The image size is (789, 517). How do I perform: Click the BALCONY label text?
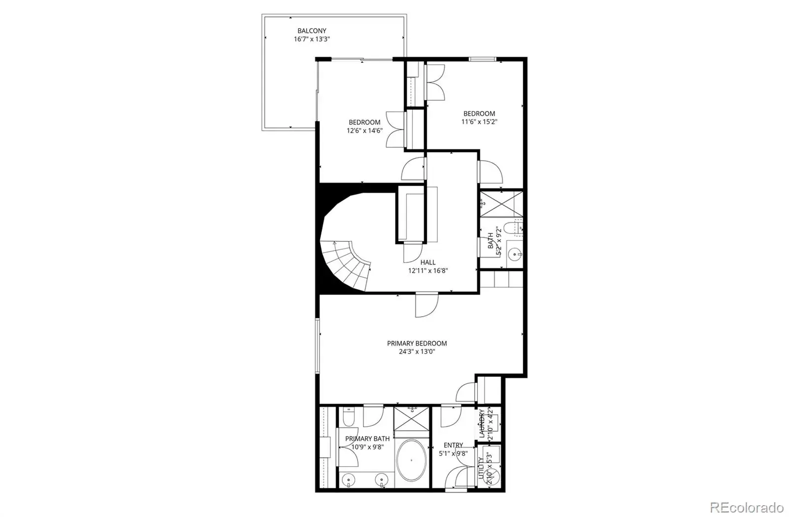point(312,31)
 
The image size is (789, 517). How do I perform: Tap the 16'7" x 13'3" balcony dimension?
point(312,39)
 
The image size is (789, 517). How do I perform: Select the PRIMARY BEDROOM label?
point(417,343)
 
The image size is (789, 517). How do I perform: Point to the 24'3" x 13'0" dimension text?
point(417,352)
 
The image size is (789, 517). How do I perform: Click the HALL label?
point(428,262)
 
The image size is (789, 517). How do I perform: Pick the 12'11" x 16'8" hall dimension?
point(428,271)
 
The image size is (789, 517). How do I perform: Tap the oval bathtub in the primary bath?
point(411,460)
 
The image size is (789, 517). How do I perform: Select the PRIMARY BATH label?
point(367,439)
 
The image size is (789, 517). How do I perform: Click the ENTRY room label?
point(453,445)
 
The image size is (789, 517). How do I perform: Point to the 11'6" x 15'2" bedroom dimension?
point(479,122)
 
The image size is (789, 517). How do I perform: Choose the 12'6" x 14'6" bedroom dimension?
point(364,131)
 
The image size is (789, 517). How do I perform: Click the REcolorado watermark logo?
point(747,508)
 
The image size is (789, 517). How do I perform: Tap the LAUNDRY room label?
point(482,423)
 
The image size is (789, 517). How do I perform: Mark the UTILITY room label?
point(481,468)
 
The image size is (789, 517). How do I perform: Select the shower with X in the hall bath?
point(502,204)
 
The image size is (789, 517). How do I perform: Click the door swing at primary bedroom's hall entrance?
point(427,305)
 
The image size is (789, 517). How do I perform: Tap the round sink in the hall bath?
point(515,254)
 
